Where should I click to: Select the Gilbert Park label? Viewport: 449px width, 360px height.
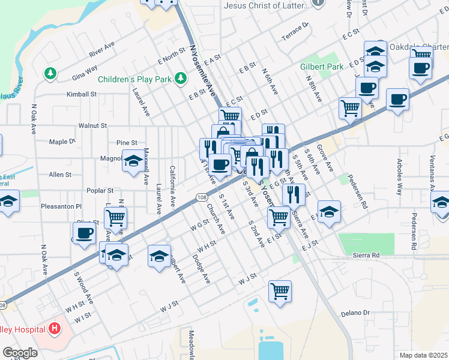[322, 67]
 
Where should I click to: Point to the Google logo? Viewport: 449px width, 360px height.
[19, 353]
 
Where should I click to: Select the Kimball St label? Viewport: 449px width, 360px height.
[82, 94]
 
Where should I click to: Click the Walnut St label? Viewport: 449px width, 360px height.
[92, 126]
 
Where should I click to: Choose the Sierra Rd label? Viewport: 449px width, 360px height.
[366, 255]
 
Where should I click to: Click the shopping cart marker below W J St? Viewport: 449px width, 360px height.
[280, 292]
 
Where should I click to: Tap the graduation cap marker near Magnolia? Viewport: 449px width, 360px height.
[133, 161]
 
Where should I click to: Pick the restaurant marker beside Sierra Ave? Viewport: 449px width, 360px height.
[293, 193]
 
